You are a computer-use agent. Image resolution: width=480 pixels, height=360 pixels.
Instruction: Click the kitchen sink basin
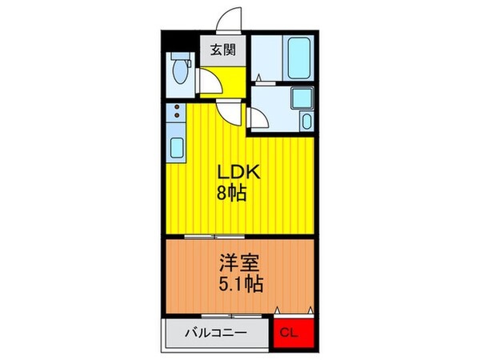[x=177, y=149]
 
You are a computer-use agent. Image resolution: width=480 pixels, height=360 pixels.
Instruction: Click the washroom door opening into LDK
[x=259, y=119]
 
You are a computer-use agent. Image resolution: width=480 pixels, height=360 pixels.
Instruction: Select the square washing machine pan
[x=302, y=99]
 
